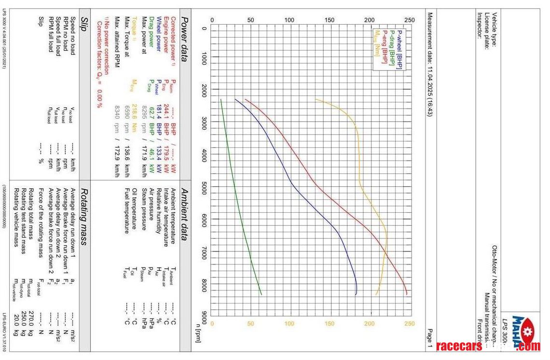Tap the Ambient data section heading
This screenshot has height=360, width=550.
click(184, 214)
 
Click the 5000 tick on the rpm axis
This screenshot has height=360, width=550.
click(203, 190)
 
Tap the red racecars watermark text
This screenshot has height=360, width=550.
click(459, 346)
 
